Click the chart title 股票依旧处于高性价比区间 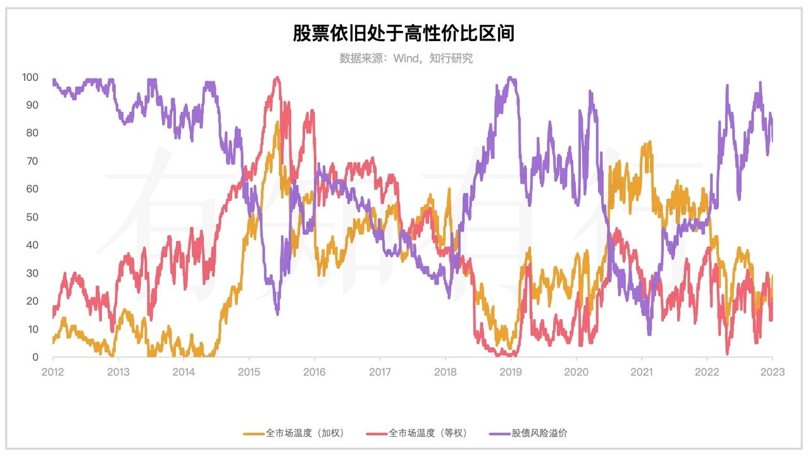click(x=403, y=34)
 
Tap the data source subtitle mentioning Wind click(x=406, y=58)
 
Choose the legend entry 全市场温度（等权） click(x=418, y=434)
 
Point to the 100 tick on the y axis click(x=30, y=77)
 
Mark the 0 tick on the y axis click(x=35, y=358)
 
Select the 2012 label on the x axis click(x=53, y=372)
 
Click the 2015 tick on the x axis click(x=249, y=372)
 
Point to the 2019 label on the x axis click(x=511, y=372)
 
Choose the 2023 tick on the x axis click(x=773, y=372)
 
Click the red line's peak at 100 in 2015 click(x=277, y=78)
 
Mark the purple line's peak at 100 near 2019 click(x=510, y=78)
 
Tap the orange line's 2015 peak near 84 click(x=277, y=122)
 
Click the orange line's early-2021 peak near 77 click(x=648, y=143)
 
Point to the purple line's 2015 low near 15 click(x=277, y=313)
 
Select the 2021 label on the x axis click(x=642, y=372)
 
